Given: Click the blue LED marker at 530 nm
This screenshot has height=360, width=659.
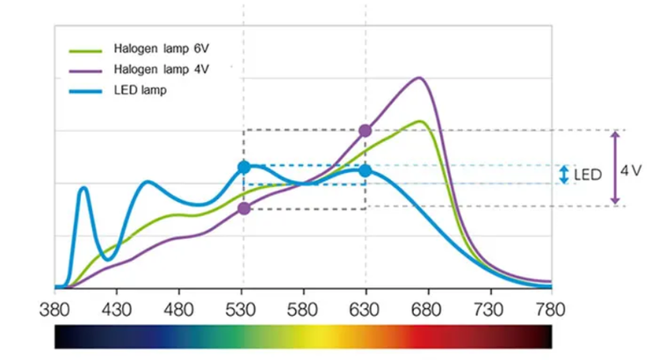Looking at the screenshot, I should point(243,167).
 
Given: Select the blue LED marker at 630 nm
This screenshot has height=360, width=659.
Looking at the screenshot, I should point(366,170).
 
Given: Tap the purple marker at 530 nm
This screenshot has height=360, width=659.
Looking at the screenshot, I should point(243,208).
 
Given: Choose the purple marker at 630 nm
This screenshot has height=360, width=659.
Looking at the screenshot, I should point(366,131).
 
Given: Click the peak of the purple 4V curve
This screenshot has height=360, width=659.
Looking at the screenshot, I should point(420,78).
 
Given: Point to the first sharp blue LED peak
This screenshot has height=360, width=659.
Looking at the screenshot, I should point(83,188).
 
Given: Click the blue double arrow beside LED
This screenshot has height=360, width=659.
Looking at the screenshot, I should point(564,175).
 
